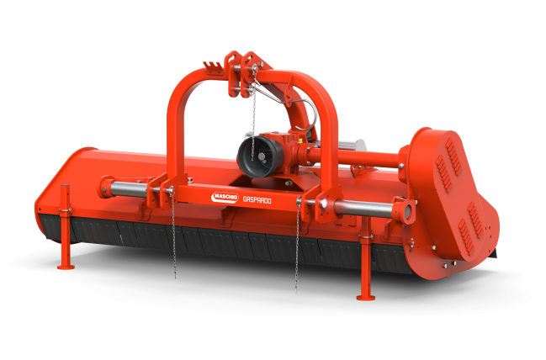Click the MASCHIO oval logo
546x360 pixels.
[225, 198]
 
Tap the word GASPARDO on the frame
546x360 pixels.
[257, 199]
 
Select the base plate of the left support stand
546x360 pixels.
[66, 267]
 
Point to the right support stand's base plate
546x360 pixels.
[366, 297]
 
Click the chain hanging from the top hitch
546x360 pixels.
[254, 108]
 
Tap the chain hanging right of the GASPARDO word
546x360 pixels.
[297, 246]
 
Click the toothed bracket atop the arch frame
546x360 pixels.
[213, 67]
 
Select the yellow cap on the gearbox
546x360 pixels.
[300, 140]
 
